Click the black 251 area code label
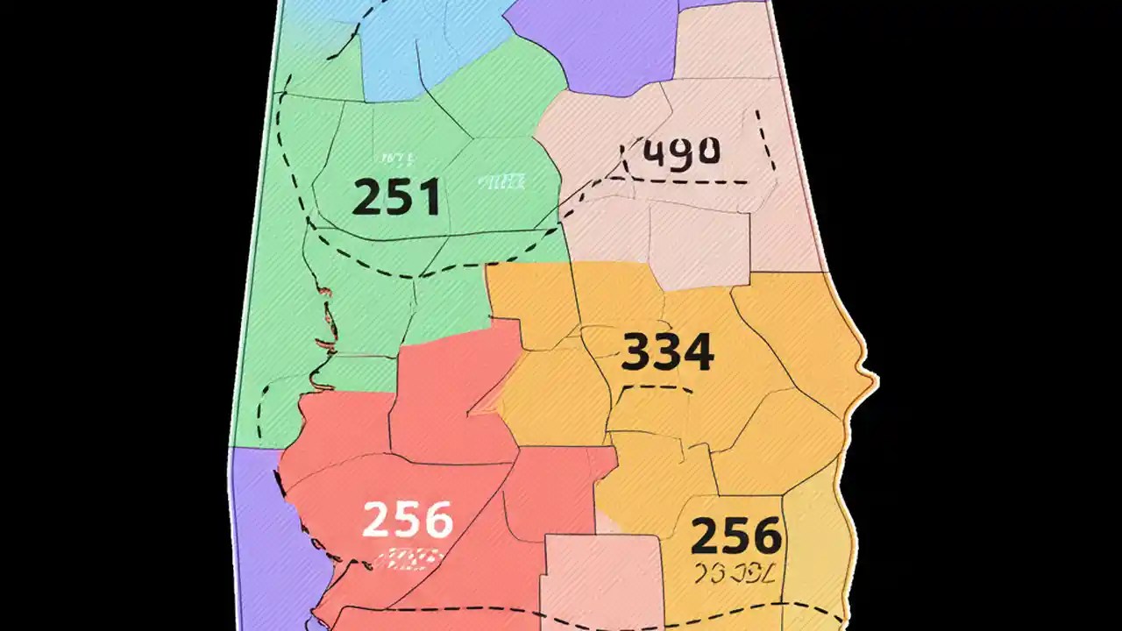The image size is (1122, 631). point(395,196)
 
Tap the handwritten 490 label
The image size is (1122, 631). point(681,152)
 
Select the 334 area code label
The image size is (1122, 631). point(667,352)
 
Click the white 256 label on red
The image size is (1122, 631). point(408,519)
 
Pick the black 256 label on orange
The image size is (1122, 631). point(735,535)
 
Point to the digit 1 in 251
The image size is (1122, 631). point(429,196)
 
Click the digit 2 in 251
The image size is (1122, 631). point(366,196)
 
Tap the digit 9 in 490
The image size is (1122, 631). point(681,152)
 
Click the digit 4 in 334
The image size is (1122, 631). point(697,352)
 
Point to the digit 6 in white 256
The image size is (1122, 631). point(437,519)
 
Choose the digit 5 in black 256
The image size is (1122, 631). point(735,535)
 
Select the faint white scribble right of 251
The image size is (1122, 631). point(502,181)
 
